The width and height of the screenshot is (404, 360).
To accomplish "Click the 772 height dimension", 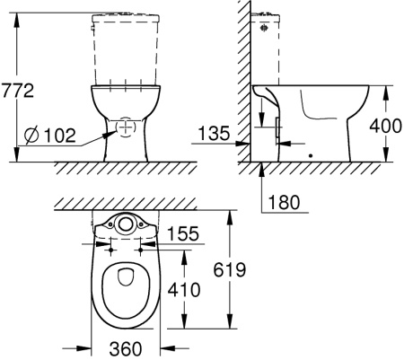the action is click(17, 91).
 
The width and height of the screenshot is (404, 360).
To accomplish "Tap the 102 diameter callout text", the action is click(60, 136).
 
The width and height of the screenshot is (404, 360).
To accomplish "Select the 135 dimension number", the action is click(214, 133).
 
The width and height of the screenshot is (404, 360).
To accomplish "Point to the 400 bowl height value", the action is click(385, 126).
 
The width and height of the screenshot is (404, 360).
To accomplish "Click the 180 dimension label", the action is click(284, 202).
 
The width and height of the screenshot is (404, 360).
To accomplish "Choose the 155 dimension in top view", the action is click(183, 233).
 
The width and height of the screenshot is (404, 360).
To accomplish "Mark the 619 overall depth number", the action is click(230, 269).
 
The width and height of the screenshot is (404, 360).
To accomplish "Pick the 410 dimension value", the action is click(183, 290).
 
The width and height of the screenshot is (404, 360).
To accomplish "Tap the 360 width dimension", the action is click(126, 349).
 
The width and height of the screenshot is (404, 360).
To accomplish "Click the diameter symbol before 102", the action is click(31, 136).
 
